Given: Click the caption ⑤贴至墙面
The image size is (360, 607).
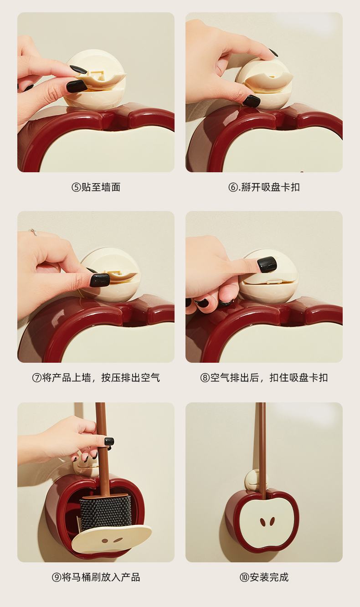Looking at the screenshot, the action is (x=96, y=187).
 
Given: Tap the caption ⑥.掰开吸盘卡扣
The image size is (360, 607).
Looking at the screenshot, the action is (x=264, y=187).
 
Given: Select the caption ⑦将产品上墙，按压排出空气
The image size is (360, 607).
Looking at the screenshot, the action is (x=96, y=377).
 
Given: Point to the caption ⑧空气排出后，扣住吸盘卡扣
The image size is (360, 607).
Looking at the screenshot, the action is (x=264, y=377).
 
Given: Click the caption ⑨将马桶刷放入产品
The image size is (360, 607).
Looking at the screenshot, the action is (x=96, y=577).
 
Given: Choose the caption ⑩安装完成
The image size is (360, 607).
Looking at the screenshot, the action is (x=264, y=577).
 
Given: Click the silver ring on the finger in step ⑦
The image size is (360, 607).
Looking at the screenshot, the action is (x=33, y=232).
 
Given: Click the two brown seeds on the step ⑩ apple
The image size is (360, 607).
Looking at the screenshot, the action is (x=267, y=522).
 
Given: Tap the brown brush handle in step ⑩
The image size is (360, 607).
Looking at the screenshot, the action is (x=261, y=450).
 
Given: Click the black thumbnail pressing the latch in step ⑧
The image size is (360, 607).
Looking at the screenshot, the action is (x=267, y=264).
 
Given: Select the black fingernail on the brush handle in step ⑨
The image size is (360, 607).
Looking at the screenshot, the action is (x=109, y=442).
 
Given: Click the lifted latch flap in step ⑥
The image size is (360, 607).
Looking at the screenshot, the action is (x=269, y=80).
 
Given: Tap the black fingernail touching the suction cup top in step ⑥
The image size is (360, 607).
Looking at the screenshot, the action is (x=273, y=52).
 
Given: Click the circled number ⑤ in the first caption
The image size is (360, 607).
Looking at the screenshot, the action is (x=76, y=187).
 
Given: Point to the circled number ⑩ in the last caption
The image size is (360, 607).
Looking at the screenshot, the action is (x=244, y=577).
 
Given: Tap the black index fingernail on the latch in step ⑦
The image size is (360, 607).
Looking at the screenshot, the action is (x=100, y=280).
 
